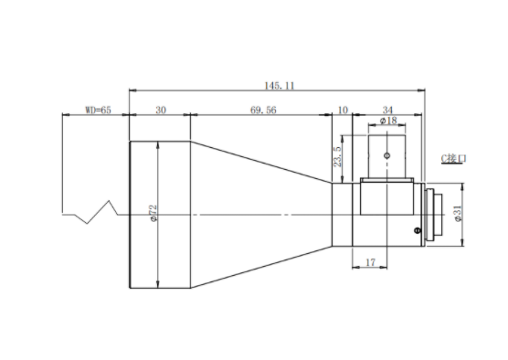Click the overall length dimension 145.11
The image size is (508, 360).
pos(280,86)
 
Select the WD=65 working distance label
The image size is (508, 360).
pos(98,111)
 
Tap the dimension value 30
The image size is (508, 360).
pos(161,111)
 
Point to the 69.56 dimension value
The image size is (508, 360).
pos(263,111)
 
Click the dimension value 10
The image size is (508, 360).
pos(343,111)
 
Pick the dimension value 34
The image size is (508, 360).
pos(387,111)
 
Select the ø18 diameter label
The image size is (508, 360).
pos(388,121)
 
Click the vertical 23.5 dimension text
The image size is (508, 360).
pos(337,156)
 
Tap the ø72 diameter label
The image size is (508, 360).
pos(153,213)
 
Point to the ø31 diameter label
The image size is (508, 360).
pos(458,214)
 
